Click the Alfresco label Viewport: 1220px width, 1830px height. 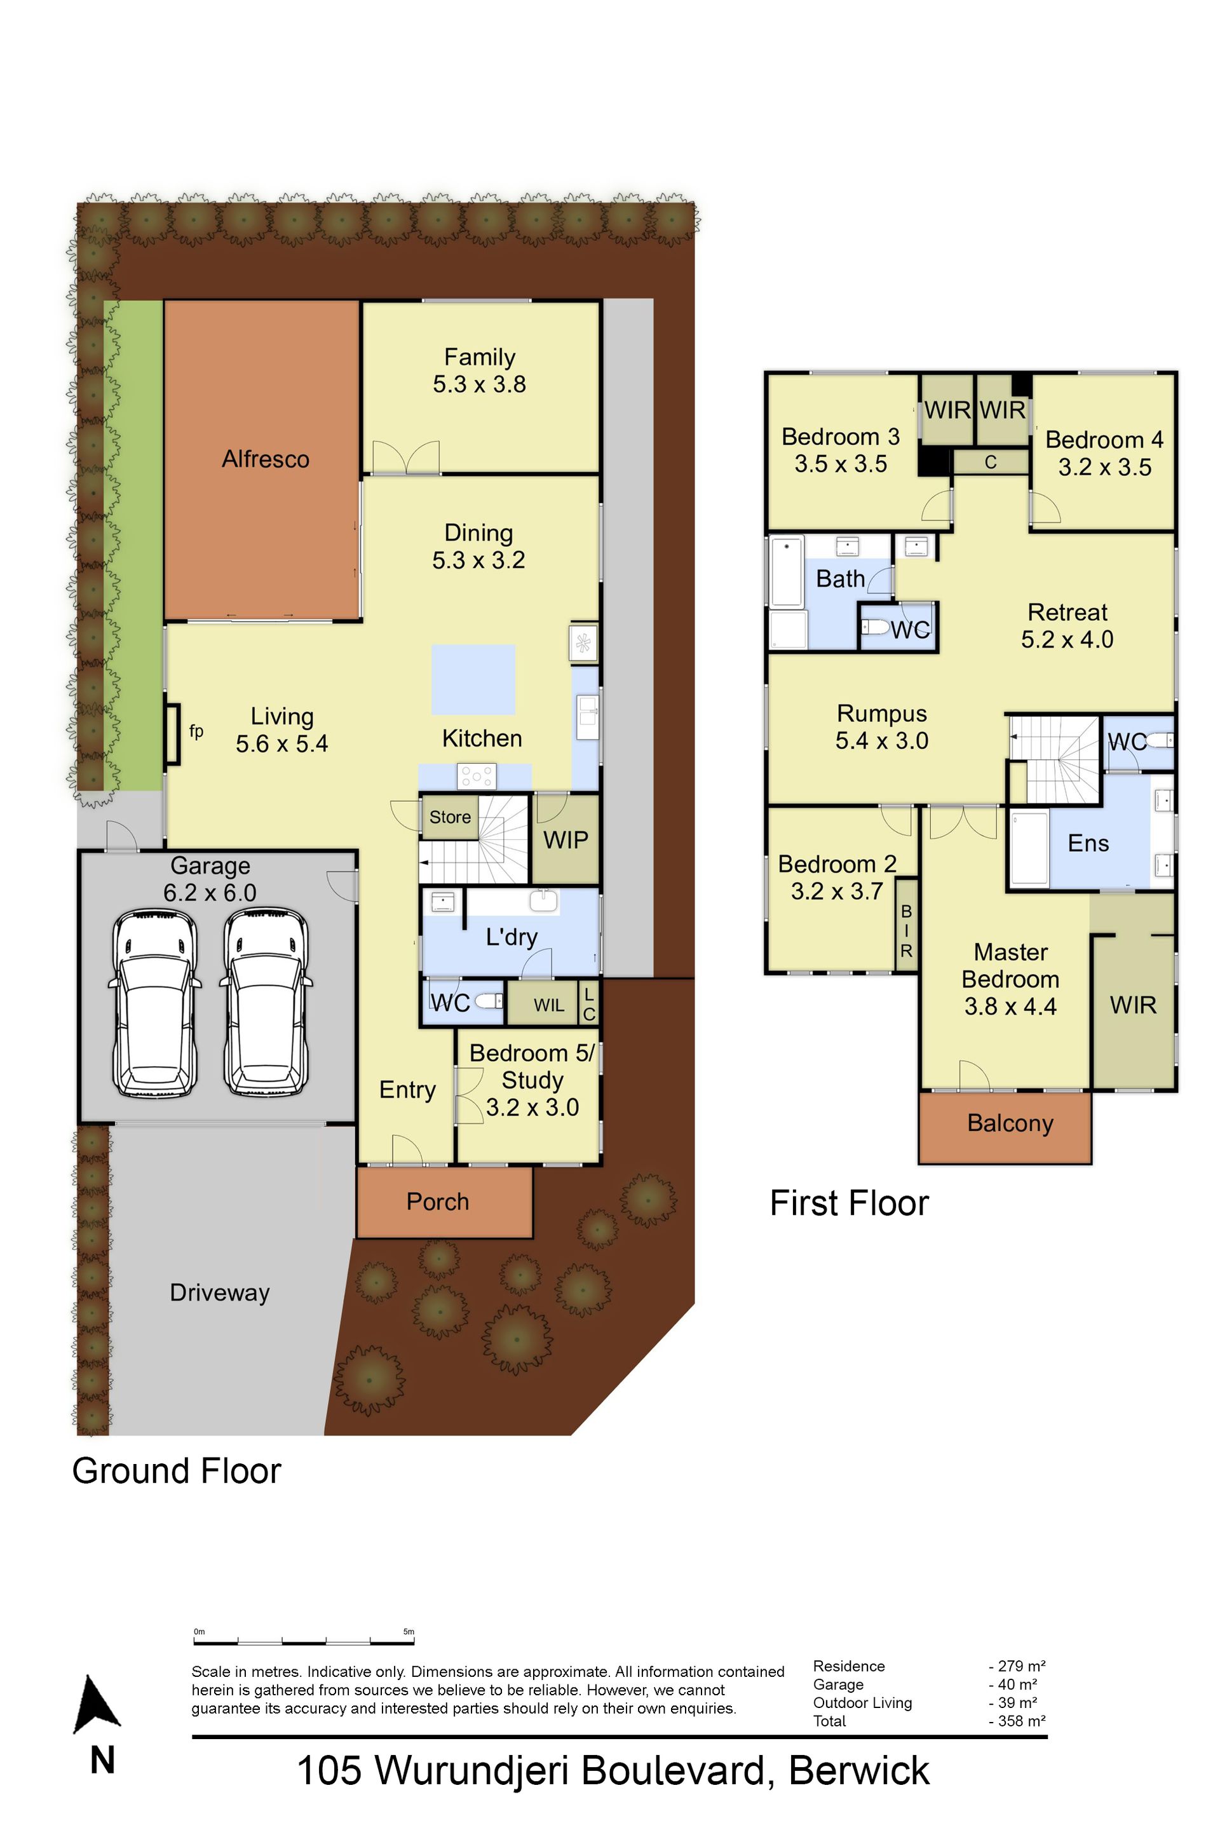point(266,459)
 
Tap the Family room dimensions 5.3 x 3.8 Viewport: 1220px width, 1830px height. point(479,384)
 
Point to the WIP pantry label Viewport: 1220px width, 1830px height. point(566,840)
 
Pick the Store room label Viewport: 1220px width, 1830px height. point(450,817)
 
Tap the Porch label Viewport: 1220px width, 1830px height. point(437,1202)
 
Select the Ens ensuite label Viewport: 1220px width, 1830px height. point(1088,843)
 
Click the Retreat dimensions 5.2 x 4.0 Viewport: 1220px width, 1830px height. point(1067,640)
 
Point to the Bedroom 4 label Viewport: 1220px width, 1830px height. point(1104,440)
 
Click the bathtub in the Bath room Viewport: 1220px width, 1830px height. point(787,572)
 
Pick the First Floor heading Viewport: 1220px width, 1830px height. point(849,1203)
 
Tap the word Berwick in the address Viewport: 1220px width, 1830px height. point(859,1771)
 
